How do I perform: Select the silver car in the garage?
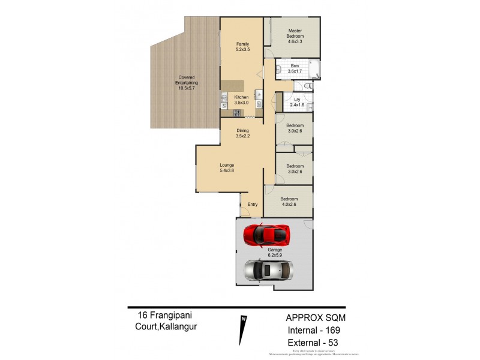pyautogui.click(x=268, y=270)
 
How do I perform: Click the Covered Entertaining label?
pyautogui.click(x=187, y=83)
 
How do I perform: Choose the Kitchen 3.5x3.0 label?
pyautogui.click(x=241, y=100)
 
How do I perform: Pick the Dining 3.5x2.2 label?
pyautogui.click(x=242, y=133)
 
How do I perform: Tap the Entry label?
pyautogui.click(x=253, y=205)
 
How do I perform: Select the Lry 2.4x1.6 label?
pyautogui.click(x=297, y=102)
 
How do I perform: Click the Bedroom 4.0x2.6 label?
pyautogui.click(x=289, y=202)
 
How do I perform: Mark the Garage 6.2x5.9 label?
pyautogui.click(x=275, y=253)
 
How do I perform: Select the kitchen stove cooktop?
pyautogui.click(x=237, y=113)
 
